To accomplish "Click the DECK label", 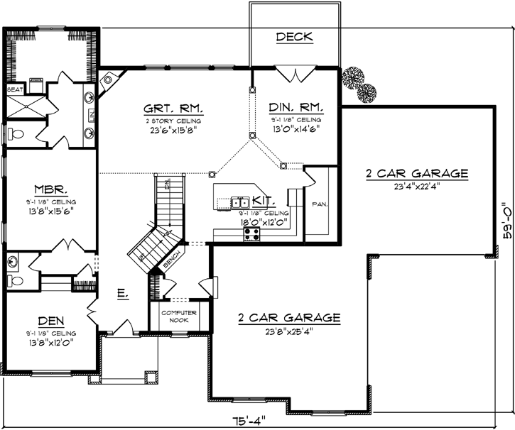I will [x=293, y=37].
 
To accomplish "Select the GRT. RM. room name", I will [x=174, y=109].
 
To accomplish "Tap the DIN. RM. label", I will [x=296, y=109].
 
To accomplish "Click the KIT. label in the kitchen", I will [x=262, y=203].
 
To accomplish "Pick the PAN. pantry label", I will [x=319, y=204].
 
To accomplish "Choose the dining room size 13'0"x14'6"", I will [x=296, y=129].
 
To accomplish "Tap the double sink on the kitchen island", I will [x=239, y=203].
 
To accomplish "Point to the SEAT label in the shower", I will [x=14, y=90].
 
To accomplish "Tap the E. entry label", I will [x=122, y=292].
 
